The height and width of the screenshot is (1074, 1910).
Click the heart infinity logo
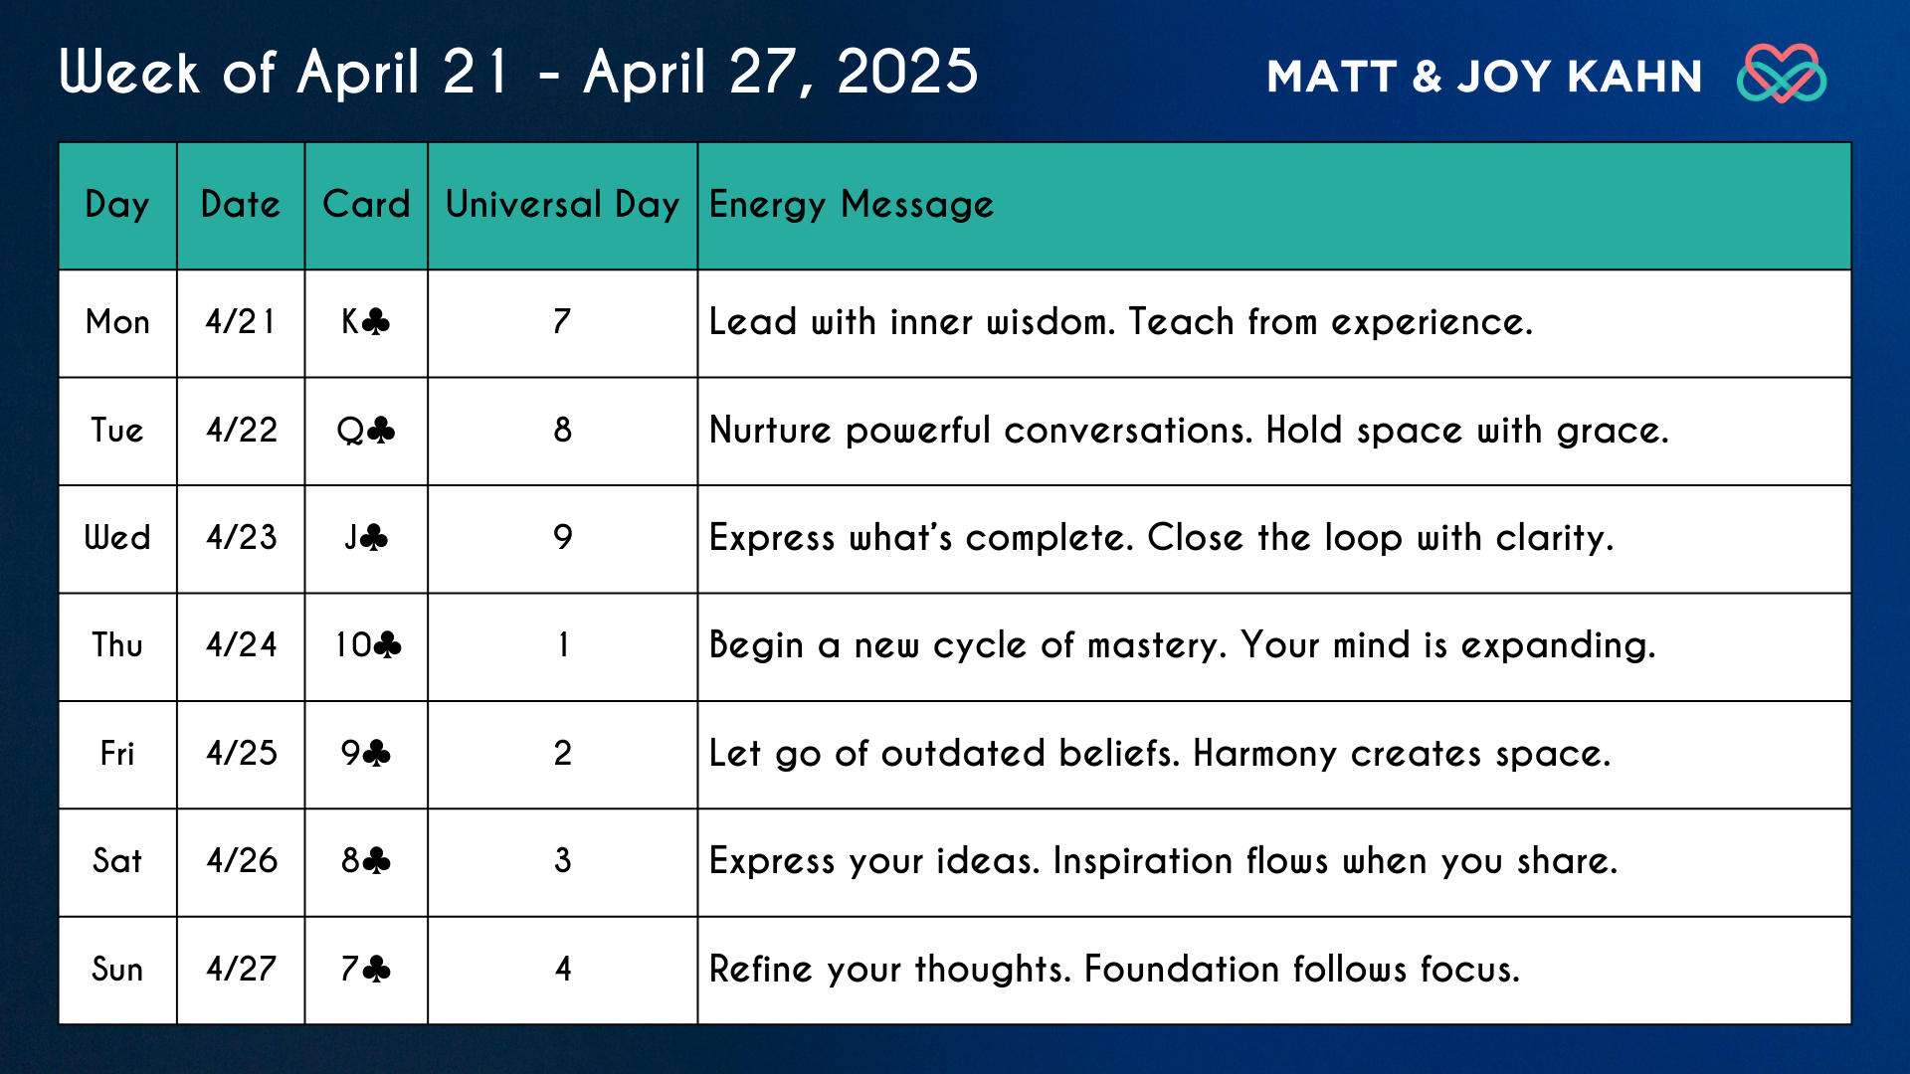coord(1782,74)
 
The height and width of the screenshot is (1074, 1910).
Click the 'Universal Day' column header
coord(562,204)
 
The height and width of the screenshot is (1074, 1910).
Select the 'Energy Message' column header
coord(852,205)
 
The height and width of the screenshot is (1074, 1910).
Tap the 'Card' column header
coord(366,204)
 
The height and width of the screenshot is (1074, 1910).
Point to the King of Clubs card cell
coord(365,321)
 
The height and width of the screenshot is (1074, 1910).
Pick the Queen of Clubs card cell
coord(365,430)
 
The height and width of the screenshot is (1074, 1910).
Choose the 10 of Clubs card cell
coord(367,644)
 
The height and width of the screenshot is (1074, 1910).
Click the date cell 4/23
coord(242,537)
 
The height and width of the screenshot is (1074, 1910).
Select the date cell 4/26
coord(242,860)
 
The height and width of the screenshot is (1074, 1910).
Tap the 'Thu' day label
coord(117,644)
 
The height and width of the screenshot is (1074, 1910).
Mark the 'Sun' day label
coord(117,969)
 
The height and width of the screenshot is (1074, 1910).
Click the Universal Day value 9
coord(563,537)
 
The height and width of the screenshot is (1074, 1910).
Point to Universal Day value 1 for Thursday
coord(563,644)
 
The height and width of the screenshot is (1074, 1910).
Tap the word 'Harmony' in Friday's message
coord(1265,754)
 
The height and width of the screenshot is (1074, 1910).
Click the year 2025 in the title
coord(908,72)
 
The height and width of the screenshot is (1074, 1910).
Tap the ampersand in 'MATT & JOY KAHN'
coord(1427,77)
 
